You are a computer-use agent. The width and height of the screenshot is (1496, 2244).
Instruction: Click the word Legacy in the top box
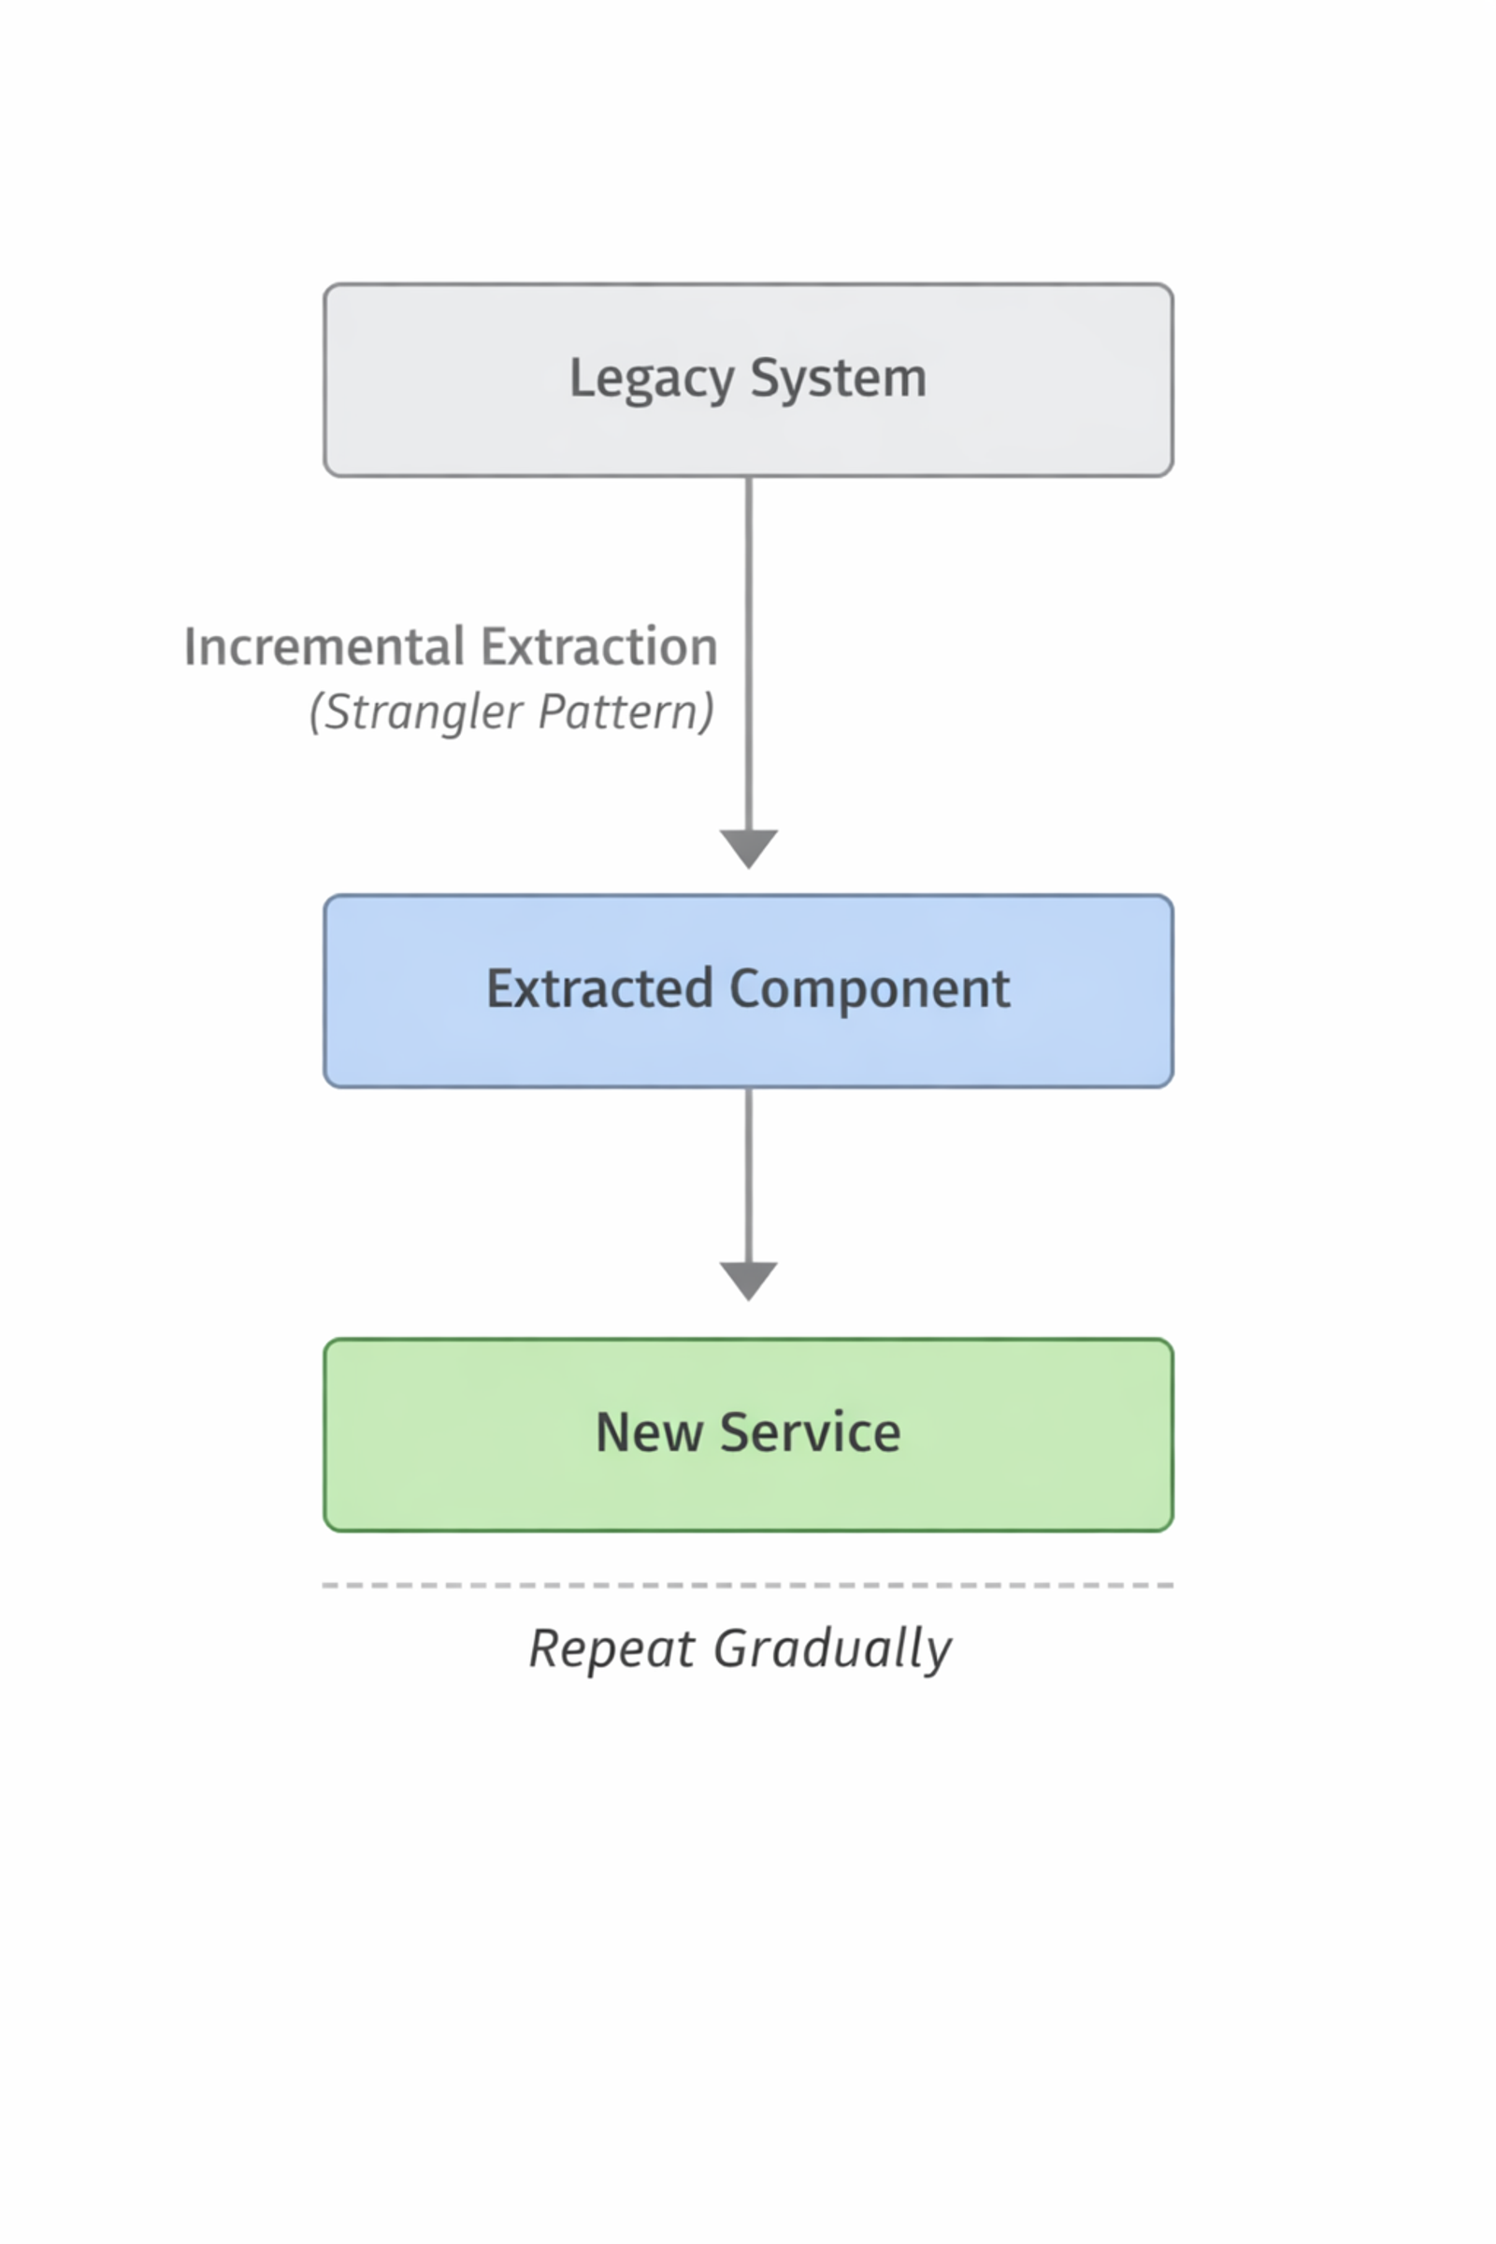tap(652, 380)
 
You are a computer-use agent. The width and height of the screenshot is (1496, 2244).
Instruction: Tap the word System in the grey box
tap(839, 380)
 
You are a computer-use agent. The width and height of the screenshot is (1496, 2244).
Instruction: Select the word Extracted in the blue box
tap(599, 988)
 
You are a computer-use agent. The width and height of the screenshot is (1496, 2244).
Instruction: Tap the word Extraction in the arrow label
tap(599, 647)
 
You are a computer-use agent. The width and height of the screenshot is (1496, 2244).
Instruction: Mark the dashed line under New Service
tap(748, 1586)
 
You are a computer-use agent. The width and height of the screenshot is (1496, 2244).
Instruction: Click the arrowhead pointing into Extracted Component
tap(749, 849)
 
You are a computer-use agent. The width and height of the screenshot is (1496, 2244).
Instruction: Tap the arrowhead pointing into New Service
tap(749, 1281)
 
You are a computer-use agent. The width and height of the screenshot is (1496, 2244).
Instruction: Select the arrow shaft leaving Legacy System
tap(749, 654)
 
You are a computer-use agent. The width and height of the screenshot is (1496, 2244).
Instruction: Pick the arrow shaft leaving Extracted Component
tap(749, 1175)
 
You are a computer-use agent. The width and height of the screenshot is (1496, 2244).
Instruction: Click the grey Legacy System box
tap(749, 380)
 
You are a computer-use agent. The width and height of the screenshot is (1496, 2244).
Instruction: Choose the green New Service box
tap(749, 1435)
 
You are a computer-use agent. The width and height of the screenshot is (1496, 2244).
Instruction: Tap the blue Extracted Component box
tap(749, 991)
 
